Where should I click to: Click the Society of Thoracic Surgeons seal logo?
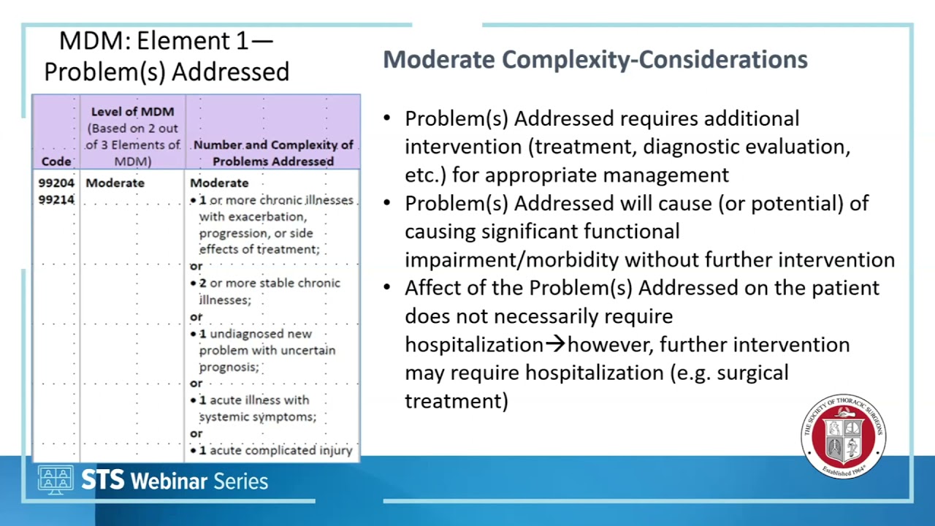click(844, 436)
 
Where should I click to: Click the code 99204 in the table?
click(56, 183)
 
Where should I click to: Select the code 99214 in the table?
click(56, 199)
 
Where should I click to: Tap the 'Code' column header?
click(56, 161)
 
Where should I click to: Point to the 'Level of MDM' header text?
click(132, 112)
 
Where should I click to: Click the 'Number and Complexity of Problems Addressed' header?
click(273, 153)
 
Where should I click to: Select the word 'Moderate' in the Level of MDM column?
click(115, 183)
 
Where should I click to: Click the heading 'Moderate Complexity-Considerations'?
click(595, 60)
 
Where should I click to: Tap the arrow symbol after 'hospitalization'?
click(555, 345)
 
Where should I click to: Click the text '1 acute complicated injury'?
click(276, 451)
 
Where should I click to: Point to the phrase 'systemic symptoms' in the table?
click(257, 417)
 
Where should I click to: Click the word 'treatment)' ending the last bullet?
click(456, 401)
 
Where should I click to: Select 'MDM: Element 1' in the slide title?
click(153, 41)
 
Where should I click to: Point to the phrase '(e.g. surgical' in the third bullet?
click(729, 373)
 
